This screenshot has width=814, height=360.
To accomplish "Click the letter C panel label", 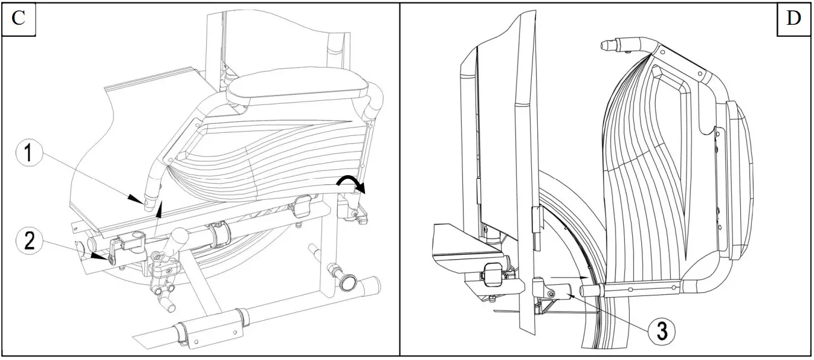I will (x=19, y=18).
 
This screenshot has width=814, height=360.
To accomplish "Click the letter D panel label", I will (x=793, y=18).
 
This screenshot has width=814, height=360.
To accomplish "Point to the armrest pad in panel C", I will (x=297, y=86).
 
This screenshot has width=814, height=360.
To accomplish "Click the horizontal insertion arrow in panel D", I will (x=571, y=277).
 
